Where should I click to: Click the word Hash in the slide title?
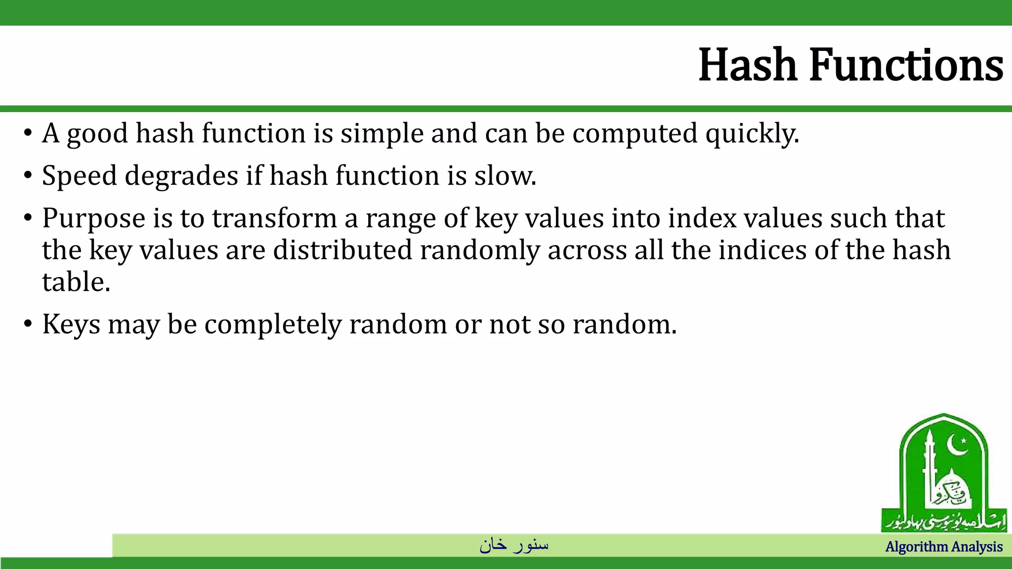[748, 65]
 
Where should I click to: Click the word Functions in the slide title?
[906, 65]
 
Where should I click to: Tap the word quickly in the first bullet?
[752, 134]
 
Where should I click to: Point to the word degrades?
[181, 176]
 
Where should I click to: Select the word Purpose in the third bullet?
[93, 219]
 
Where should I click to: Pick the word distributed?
[342, 250]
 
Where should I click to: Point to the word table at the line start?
[76, 283]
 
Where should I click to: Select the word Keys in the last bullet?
[71, 325]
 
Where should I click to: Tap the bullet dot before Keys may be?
[28, 325]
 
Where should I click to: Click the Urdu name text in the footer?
[514, 545]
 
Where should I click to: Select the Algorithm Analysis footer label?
[944, 547]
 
